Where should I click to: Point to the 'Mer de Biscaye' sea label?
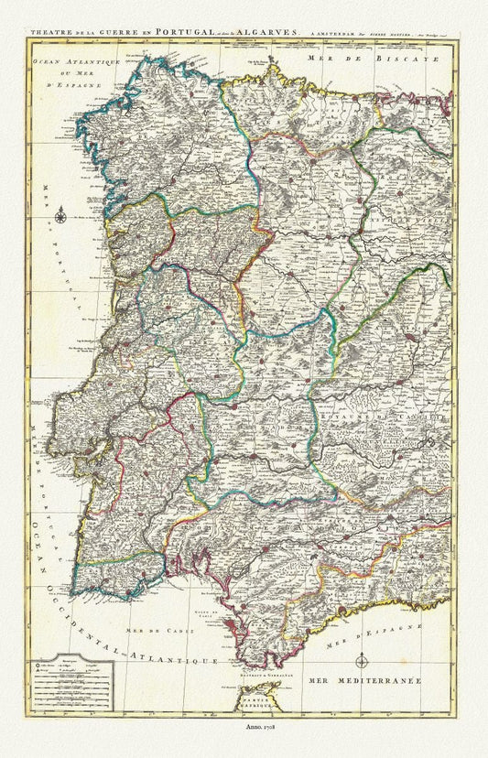point(352,57)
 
